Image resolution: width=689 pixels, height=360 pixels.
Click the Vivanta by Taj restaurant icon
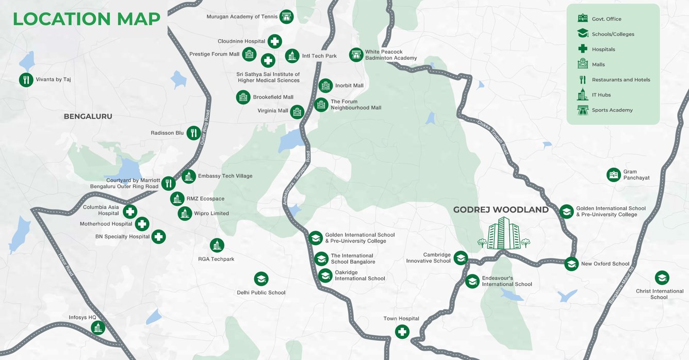click(x=26, y=79)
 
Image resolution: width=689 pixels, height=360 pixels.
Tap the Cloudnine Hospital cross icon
click(x=274, y=41)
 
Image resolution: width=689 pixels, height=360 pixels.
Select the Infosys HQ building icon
click(x=97, y=328)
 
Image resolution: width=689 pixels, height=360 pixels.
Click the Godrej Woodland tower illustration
click(x=503, y=233)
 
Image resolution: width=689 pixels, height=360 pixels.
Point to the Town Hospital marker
click(x=402, y=332)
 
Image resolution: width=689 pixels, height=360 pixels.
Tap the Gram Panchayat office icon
click(x=613, y=175)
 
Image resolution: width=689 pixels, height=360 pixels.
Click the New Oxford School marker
click(x=571, y=264)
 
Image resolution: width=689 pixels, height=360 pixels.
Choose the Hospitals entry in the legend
click(x=603, y=50)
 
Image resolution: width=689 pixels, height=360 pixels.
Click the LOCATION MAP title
click(x=86, y=19)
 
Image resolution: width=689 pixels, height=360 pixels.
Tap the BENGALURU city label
click(x=88, y=117)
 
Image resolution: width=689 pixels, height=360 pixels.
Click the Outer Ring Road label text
click(x=205, y=126)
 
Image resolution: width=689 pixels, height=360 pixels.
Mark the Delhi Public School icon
click(x=261, y=279)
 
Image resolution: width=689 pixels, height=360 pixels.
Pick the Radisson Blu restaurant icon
click(x=193, y=133)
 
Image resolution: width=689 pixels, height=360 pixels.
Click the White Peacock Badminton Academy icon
click(x=356, y=55)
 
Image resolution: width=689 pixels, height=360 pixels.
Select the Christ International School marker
click(x=662, y=278)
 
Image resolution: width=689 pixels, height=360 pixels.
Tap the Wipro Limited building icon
click(x=185, y=213)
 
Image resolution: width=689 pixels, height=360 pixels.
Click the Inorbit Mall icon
click(x=325, y=86)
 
